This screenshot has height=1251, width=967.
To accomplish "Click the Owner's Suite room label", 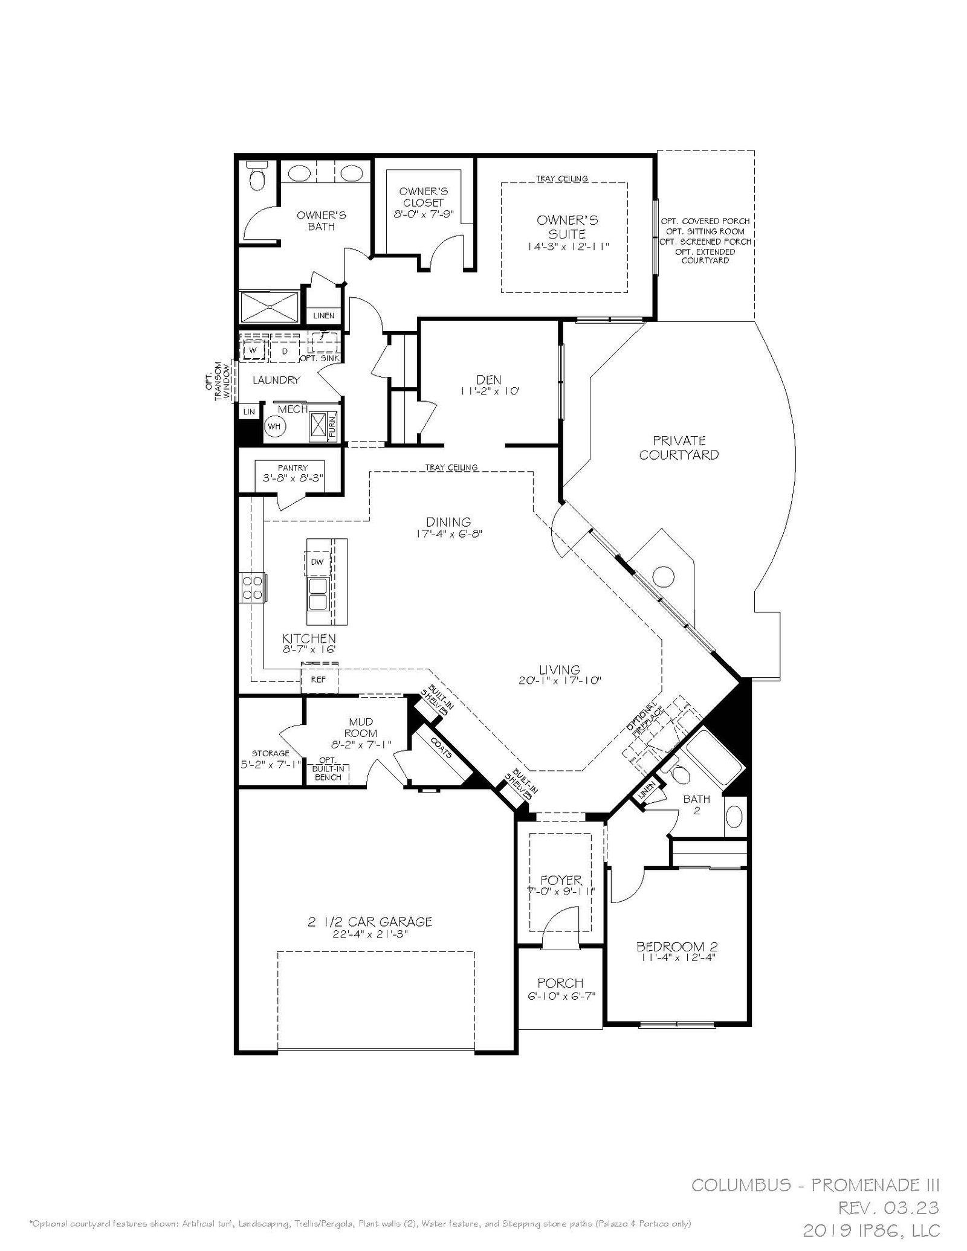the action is pos(567,227).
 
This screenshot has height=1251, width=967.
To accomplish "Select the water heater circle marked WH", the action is pos(274,426).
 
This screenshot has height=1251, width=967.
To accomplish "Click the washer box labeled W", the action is pos(253,350).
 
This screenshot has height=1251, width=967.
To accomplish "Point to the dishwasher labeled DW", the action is pos(317,562).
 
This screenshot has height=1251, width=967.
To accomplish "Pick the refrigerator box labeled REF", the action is pos(319,680).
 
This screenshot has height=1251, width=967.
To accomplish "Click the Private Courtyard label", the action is pos(679,448).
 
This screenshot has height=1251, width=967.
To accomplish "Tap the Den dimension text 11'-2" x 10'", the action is pos(490,391).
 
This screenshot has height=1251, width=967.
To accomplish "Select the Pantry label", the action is pos(293,468).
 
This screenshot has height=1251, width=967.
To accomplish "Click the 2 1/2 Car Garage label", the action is pos(370,922).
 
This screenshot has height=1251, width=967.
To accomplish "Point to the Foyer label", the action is pos(561,881).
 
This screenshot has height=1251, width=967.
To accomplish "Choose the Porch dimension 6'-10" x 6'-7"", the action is pos(561,996).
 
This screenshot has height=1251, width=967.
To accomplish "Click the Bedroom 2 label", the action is pos(676,947).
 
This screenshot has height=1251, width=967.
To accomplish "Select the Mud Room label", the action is pos(361,727).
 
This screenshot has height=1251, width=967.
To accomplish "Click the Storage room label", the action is pos(270,753).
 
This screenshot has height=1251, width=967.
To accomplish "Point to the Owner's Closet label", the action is pos(423,197).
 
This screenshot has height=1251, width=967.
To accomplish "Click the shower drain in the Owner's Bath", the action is pos(270,307).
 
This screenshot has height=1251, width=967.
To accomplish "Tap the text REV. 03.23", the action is pos(888,1208).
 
